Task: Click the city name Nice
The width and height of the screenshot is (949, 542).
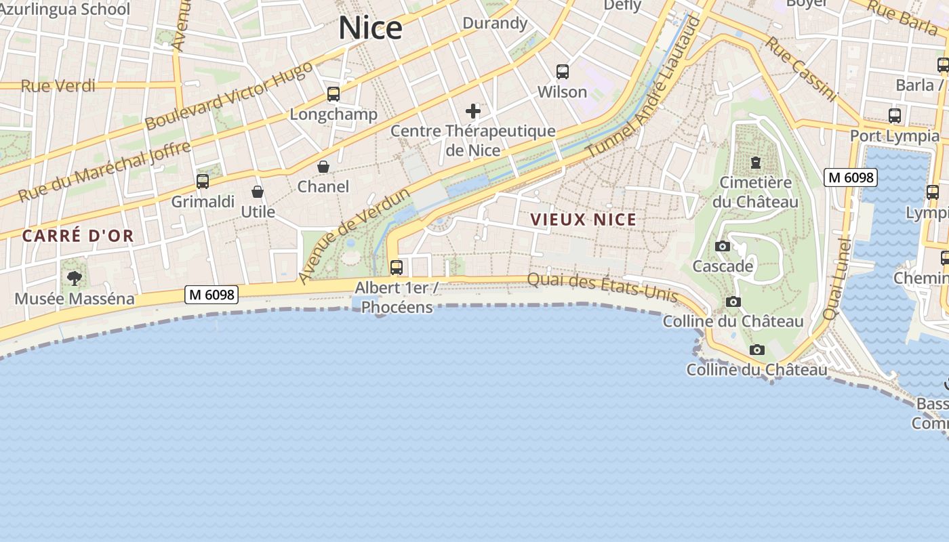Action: click(370, 28)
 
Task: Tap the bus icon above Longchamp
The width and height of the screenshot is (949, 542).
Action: click(333, 94)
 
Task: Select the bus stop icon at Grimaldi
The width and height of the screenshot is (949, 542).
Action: click(202, 182)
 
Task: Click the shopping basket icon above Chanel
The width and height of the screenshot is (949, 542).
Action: click(323, 167)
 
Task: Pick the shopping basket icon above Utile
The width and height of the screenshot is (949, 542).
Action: click(258, 192)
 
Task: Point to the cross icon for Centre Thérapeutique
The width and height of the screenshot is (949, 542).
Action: click(473, 111)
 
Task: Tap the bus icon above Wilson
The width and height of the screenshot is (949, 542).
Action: click(562, 72)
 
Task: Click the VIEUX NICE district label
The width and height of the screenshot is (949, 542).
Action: click(584, 220)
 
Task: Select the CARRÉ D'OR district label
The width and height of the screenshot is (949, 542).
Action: click(78, 236)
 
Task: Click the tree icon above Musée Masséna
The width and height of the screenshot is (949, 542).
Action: click(75, 278)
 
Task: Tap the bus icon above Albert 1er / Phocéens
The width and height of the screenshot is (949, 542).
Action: click(397, 268)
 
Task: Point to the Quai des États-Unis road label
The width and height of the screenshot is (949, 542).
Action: click(602, 287)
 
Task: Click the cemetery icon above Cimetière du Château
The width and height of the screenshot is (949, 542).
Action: click(755, 163)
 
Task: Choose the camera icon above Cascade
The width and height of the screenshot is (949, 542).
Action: click(723, 247)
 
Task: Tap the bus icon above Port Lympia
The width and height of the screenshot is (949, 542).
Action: click(895, 116)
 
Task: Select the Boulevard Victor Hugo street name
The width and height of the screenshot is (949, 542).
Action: click(228, 96)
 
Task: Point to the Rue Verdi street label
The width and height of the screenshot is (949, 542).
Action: click(58, 86)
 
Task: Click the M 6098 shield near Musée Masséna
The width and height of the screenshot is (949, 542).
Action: click(211, 295)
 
